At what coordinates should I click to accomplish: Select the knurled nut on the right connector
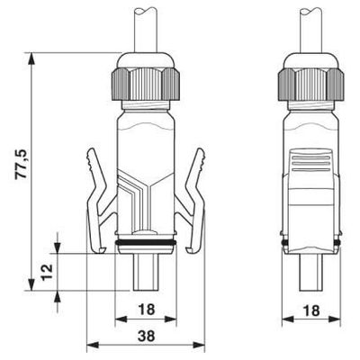coord(310,84)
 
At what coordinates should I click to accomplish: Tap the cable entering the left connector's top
coord(145,27)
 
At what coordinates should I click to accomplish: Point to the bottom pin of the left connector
coord(145,274)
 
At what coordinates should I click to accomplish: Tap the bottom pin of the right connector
coord(310,274)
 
